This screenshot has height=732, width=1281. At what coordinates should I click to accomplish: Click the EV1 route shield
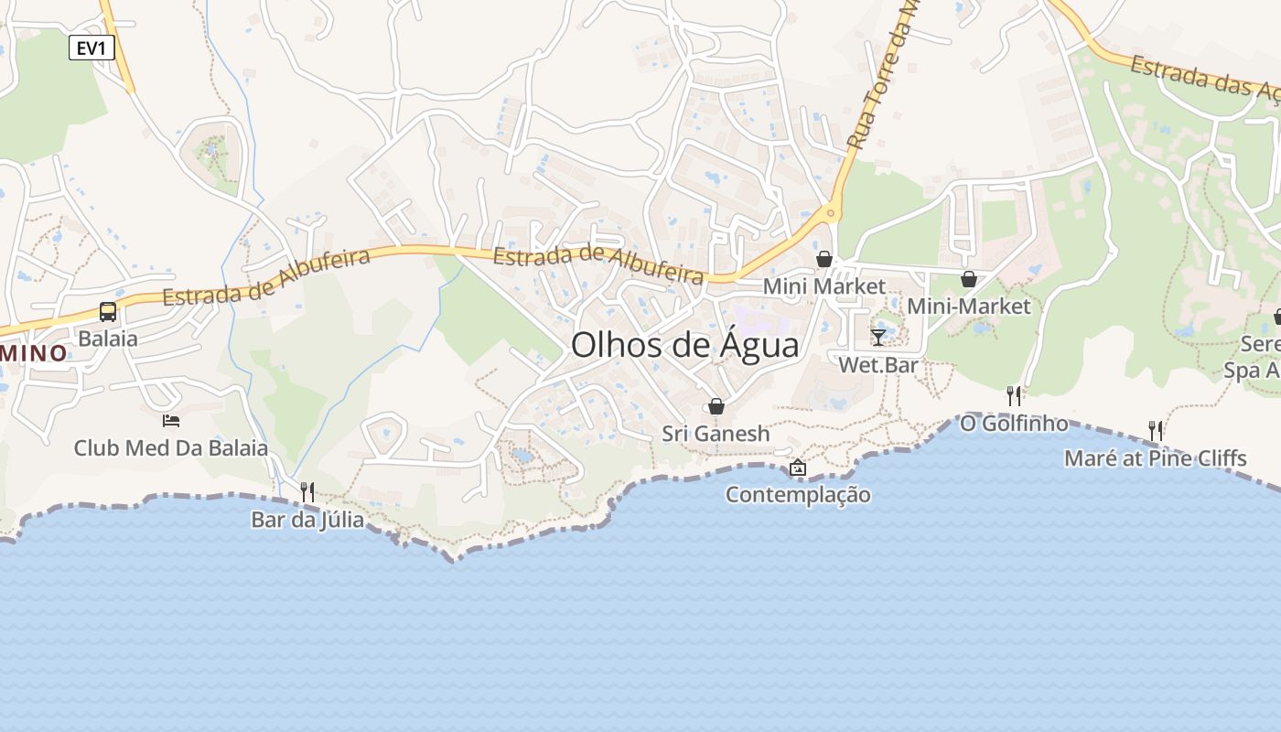tap(91, 48)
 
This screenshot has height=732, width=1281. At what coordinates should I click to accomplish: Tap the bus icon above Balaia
tap(108, 312)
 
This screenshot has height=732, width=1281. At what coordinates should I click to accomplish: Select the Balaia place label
tap(108, 339)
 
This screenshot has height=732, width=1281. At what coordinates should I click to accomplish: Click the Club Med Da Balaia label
tap(171, 448)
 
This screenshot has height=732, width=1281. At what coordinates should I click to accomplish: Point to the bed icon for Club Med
tap(171, 421)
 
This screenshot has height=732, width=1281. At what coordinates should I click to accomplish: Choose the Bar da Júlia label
tap(307, 520)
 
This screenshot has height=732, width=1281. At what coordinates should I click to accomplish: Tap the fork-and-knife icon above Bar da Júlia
tap(307, 492)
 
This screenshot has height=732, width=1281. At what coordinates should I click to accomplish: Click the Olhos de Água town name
tap(684, 345)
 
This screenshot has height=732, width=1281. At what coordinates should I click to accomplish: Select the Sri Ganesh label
tap(716, 434)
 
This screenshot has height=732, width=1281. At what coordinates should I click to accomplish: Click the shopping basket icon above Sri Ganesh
tap(716, 406)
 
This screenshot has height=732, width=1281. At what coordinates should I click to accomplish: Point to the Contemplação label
tap(798, 495)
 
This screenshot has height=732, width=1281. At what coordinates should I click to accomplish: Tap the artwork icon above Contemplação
tap(798, 468)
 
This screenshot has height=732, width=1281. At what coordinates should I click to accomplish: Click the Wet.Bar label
tap(878, 365)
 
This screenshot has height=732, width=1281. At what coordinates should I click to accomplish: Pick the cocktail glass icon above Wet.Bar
tap(878, 338)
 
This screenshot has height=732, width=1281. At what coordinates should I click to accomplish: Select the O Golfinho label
tap(1014, 424)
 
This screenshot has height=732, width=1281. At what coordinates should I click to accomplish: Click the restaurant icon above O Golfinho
tap(1014, 395)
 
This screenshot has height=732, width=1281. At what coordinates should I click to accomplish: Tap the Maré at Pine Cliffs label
tap(1156, 457)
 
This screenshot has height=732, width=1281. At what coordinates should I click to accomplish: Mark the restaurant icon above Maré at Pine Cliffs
tap(1156, 430)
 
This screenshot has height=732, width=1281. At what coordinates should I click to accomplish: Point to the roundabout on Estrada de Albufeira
tap(831, 214)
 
